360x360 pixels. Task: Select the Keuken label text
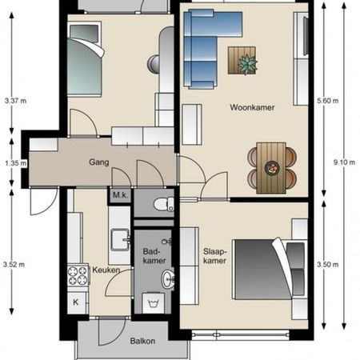point(106,270)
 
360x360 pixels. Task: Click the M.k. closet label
point(120,195)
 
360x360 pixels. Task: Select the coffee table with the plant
point(243,61)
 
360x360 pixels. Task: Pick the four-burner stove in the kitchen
point(78,274)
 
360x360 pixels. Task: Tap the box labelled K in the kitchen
point(76,302)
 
